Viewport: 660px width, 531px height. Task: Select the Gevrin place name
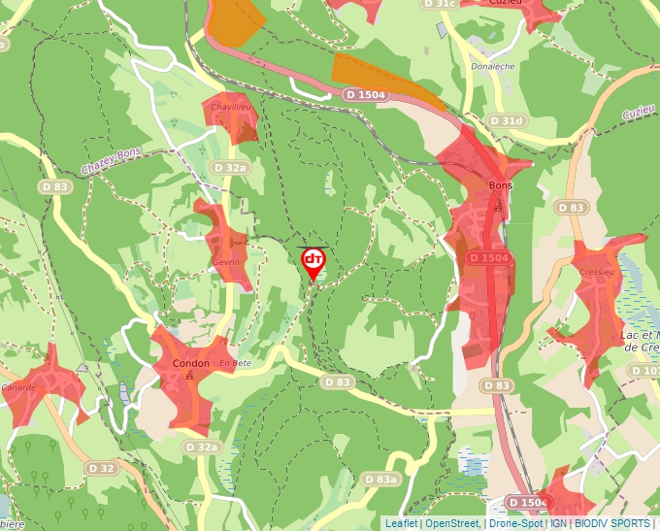[x=224, y=263]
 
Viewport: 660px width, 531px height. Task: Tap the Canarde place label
[x=19, y=387]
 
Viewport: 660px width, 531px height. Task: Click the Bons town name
[x=500, y=184]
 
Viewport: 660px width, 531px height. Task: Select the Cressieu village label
[x=596, y=272]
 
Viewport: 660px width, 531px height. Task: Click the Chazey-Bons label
[x=113, y=161]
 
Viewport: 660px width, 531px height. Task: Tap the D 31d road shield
[x=507, y=120]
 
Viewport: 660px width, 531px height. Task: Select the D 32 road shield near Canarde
[x=100, y=469]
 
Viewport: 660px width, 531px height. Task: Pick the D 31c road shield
[x=438, y=3]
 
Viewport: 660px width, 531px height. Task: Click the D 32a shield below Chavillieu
[x=230, y=168]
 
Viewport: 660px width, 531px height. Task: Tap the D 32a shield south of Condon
[x=201, y=447]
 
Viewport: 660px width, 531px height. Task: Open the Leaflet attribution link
[x=402, y=523]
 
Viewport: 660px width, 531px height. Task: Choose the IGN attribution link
[x=558, y=523]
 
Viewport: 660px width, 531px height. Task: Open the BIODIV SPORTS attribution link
[x=612, y=523]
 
